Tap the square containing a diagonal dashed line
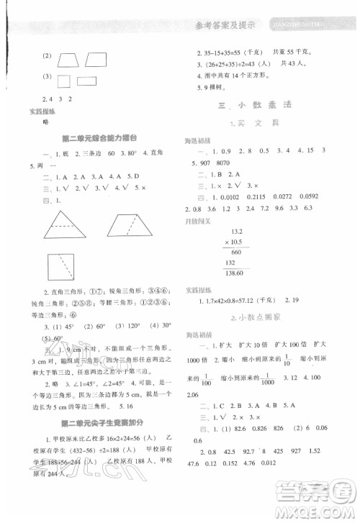coord(60,269)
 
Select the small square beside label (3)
coord(63,81)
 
